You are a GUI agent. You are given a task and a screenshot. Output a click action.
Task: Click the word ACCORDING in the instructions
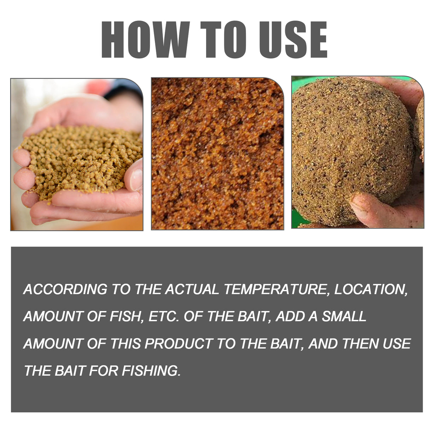coord(65,289)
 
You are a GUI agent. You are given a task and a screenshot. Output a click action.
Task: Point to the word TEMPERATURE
coord(274,289)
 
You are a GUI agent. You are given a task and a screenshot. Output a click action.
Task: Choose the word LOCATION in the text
coord(370,289)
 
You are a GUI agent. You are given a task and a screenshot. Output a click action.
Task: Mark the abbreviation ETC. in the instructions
coord(163,316)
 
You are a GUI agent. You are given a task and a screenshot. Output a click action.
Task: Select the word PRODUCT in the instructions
coord(178,343)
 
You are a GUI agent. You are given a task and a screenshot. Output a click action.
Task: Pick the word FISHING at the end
coord(151,371)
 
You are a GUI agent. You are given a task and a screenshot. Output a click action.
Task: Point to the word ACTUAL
coord(192,289)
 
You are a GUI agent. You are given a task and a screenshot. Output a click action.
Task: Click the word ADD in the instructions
coord(290,316)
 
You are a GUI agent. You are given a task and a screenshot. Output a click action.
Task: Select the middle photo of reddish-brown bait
coord(217,154)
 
